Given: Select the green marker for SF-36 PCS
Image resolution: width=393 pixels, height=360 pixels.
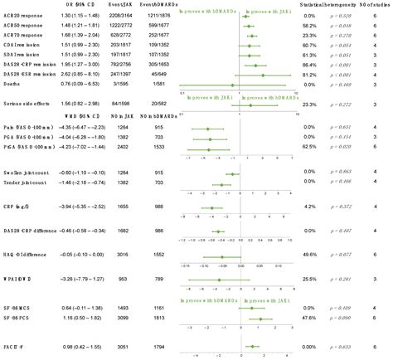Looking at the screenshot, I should pyautogui.click(x=261, y=319).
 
